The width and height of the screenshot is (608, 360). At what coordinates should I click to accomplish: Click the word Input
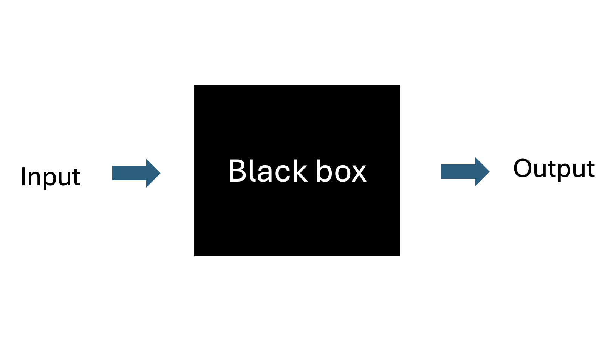(50, 177)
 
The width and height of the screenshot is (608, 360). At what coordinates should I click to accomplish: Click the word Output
(554, 169)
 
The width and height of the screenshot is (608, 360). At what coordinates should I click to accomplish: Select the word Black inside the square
(268, 171)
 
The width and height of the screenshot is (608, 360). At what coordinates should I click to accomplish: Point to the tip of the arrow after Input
(159, 173)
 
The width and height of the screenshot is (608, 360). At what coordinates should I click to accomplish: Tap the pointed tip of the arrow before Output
(489, 172)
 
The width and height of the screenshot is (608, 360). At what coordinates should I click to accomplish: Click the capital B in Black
(238, 171)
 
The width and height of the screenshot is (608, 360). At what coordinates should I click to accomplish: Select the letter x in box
(358, 173)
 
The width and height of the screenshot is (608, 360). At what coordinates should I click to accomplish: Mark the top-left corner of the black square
(195, 86)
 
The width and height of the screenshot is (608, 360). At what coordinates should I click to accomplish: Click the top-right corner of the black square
(399, 86)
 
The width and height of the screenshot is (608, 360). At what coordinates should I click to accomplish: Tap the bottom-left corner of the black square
(195, 256)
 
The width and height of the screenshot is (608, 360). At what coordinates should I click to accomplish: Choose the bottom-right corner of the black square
(399, 256)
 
